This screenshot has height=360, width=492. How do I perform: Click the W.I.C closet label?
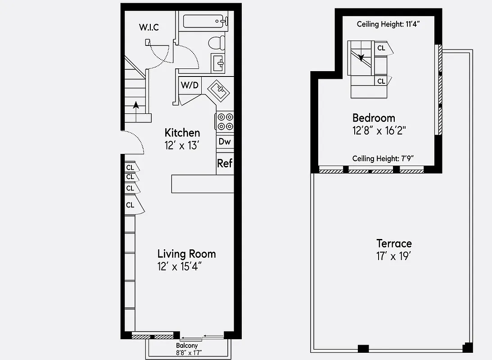[x=149, y=27]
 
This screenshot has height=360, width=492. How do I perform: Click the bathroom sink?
[x=219, y=63]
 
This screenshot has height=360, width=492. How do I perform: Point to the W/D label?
[x=189, y=85]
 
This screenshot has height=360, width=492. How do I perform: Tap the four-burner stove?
[x=225, y=121]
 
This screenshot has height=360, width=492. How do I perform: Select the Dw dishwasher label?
[x=225, y=142]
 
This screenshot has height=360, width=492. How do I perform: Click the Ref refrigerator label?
[x=225, y=163]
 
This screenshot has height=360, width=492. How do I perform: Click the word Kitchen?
[x=182, y=133]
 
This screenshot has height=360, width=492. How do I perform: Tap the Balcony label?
[x=186, y=346]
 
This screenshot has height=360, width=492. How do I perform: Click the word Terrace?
[x=394, y=243]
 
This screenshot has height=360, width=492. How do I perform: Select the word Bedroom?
[x=374, y=118]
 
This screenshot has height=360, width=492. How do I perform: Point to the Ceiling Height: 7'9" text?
[x=383, y=158]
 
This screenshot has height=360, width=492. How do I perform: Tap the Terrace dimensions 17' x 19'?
[x=394, y=256]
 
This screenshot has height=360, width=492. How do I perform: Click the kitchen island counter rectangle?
[x=202, y=184]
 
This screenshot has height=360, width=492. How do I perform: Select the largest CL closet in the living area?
[x=131, y=205]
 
